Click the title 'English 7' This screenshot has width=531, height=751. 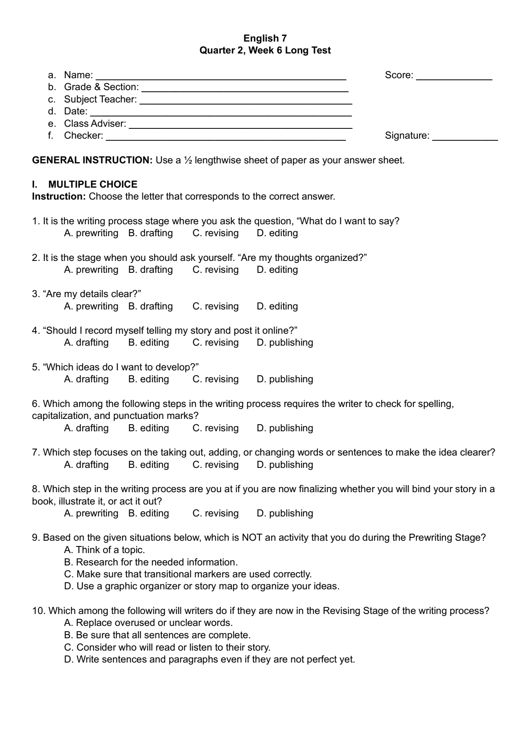pyautogui.click(x=265, y=38)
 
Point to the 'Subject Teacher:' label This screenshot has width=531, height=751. pyautogui.click(x=100, y=100)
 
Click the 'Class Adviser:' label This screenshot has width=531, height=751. pyautogui.click(x=95, y=124)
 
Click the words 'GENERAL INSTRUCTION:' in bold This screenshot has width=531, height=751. pyautogui.click(x=93, y=160)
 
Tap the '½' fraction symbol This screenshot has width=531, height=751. pyautogui.click(x=187, y=160)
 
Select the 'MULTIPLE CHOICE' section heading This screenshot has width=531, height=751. pyautogui.click(x=93, y=184)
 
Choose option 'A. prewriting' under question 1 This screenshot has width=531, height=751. pyautogui.click(x=91, y=233)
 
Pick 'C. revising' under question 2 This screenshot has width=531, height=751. pyautogui.click(x=215, y=270)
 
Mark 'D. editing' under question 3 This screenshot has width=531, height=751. pyautogui.click(x=277, y=307)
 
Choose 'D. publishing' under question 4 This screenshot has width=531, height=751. pyautogui.click(x=285, y=343)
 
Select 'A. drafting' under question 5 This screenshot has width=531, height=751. pyautogui.click(x=86, y=379)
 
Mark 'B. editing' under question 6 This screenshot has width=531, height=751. pyautogui.click(x=149, y=428)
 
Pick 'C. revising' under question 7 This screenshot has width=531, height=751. pyautogui.click(x=215, y=465)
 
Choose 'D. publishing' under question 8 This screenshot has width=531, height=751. pyautogui.click(x=285, y=514)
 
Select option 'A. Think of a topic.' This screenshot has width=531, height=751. pyautogui.click(x=105, y=550)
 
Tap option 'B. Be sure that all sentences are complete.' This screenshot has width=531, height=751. pyautogui.click(x=157, y=635)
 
